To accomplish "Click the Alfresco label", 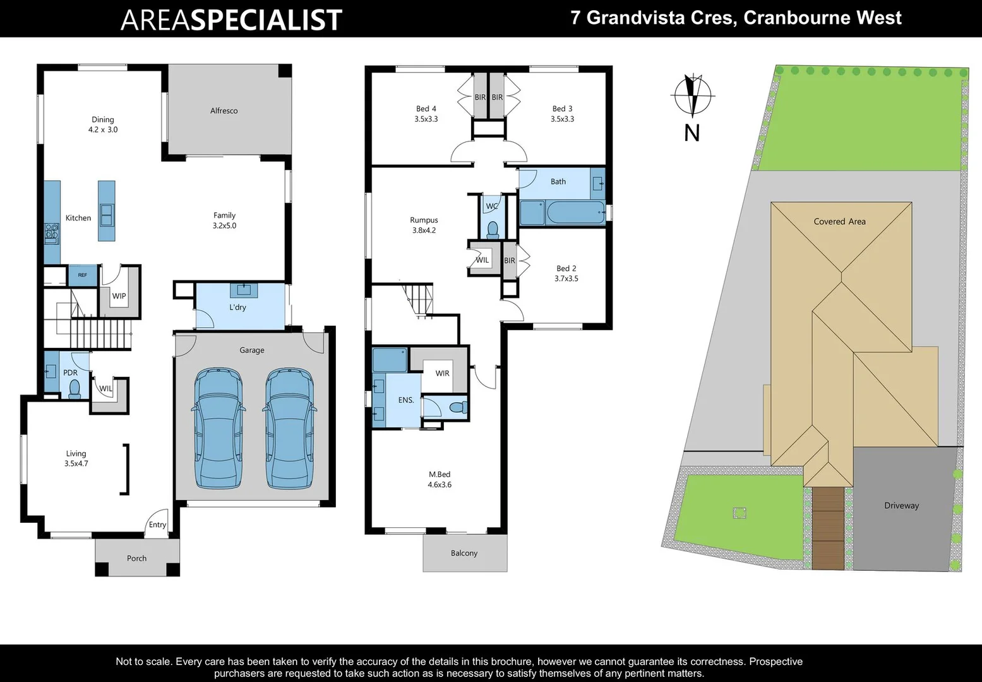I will [224, 111].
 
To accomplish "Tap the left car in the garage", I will [219, 429].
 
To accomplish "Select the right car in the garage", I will [289, 429].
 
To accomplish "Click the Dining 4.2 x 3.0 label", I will [103, 124].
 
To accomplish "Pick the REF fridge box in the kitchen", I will [83, 275].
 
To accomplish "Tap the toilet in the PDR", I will [75, 388].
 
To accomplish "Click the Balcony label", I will [464, 553].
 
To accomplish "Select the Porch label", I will [136, 558].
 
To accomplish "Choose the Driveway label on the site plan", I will [901, 506].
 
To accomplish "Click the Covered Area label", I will [839, 222].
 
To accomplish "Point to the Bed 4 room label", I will [426, 114].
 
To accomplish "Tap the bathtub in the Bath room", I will [575, 213].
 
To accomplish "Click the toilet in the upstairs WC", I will [493, 229].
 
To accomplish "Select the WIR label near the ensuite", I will [442, 373].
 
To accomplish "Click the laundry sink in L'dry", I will [243, 290].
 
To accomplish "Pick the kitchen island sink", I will [107, 215].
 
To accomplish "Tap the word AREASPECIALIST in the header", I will [231, 20].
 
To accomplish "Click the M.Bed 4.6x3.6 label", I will [440, 480].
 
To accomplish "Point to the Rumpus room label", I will [424, 225].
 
